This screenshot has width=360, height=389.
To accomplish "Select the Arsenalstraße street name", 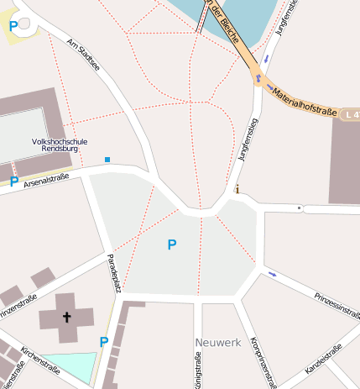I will click(46, 180).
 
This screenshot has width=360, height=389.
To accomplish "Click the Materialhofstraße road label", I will click(305, 100).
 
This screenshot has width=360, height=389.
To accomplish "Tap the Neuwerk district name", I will click(217, 343).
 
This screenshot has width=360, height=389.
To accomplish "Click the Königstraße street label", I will click(198, 371).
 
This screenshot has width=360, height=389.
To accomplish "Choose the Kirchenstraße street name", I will click(41, 362).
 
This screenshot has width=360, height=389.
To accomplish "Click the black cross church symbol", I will click(65, 318).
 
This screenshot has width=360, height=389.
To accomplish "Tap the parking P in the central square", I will click(172, 244).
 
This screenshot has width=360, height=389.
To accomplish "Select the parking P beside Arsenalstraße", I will click(14, 181).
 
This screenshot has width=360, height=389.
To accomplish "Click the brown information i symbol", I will click(237, 188).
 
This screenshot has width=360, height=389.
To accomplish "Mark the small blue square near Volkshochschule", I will click(107, 159).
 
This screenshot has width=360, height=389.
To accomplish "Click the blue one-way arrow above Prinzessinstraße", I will click(271, 273).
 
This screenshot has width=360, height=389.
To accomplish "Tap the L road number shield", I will click(352, 112).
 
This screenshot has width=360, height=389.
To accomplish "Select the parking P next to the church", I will click(104, 342).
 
